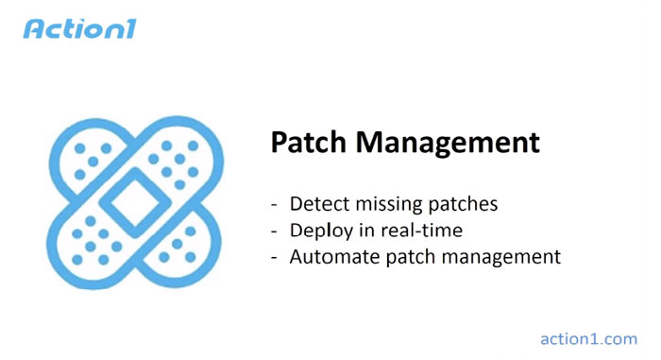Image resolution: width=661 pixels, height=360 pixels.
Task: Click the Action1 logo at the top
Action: pyautogui.click(x=79, y=28)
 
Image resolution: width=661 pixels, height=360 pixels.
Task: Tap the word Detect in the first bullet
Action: pyautogui.click(x=316, y=204)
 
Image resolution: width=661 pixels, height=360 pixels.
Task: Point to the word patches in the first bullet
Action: pyautogui.click(x=464, y=205)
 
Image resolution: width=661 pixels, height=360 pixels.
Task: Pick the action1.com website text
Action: pyautogui.click(x=588, y=338)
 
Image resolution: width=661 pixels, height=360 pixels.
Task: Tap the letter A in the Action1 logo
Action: pyautogui.click(x=34, y=28)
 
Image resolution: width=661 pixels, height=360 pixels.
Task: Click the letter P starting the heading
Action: pyautogui.click(x=280, y=143)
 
